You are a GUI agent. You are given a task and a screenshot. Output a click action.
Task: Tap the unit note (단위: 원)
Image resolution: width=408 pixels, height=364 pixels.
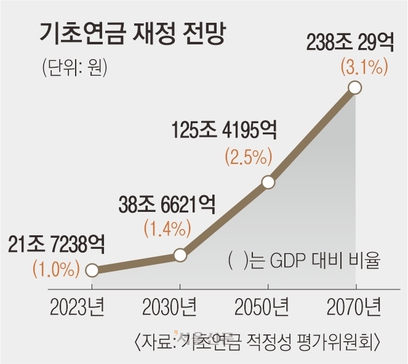click(x=74, y=66)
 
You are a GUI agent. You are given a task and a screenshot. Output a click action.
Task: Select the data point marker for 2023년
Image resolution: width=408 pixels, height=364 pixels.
click(x=92, y=270)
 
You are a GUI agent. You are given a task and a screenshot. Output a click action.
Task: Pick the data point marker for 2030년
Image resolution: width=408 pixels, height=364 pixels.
click(x=180, y=254)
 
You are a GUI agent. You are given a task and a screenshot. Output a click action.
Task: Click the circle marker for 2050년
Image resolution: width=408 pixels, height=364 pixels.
click(x=268, y=182)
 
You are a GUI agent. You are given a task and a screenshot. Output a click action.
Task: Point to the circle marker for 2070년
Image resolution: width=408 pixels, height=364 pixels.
click(x=355, y=88)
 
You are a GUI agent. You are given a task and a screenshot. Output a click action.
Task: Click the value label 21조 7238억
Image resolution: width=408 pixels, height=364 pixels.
click(x=57, y=245)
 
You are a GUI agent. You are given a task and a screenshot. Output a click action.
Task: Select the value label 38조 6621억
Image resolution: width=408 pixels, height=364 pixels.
click(x=166, y=204)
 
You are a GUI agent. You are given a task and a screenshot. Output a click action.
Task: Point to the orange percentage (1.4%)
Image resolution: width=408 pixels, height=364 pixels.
click(x=164, y=229)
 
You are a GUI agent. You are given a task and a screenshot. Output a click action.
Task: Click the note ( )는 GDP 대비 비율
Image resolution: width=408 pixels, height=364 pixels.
click(x=302, y=262)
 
